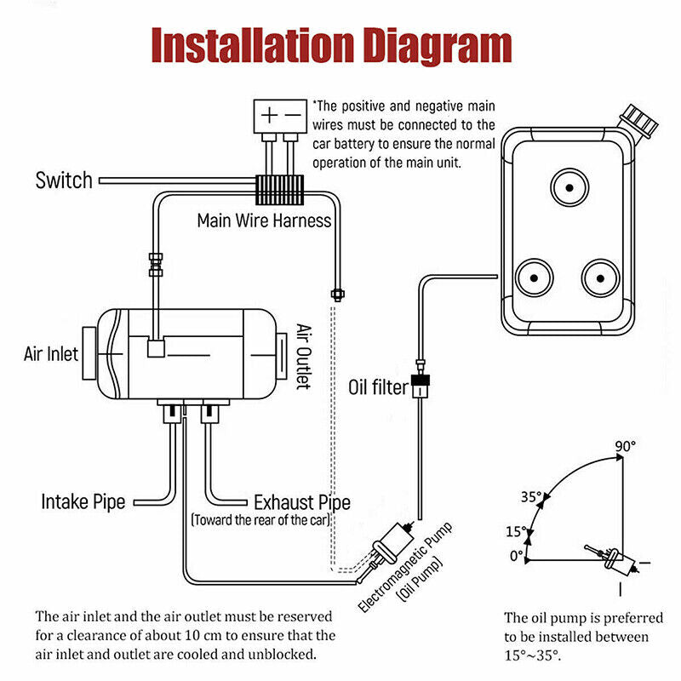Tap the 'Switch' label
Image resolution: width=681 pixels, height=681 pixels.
coord(63,180)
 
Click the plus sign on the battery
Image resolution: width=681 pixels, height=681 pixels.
coord(269,114)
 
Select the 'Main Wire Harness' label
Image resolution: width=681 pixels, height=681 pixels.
coord(264,220)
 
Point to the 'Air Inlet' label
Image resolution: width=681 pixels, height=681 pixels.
coord(50,353)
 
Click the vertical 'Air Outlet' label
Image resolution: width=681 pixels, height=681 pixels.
coord(304,356)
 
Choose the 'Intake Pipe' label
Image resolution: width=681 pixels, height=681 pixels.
coord(83,501)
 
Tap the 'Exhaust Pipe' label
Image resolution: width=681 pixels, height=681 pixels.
coord(297,502)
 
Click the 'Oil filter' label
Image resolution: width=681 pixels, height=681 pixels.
coord(380,389)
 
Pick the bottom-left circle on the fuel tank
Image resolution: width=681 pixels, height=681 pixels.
coord(534,277)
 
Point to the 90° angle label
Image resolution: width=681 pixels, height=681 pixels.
coord(626,446)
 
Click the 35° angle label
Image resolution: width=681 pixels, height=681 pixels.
coord(532,497)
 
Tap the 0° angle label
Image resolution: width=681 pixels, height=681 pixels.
coord(517,556)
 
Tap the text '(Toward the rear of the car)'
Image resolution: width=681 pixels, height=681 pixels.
coord(260,519)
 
